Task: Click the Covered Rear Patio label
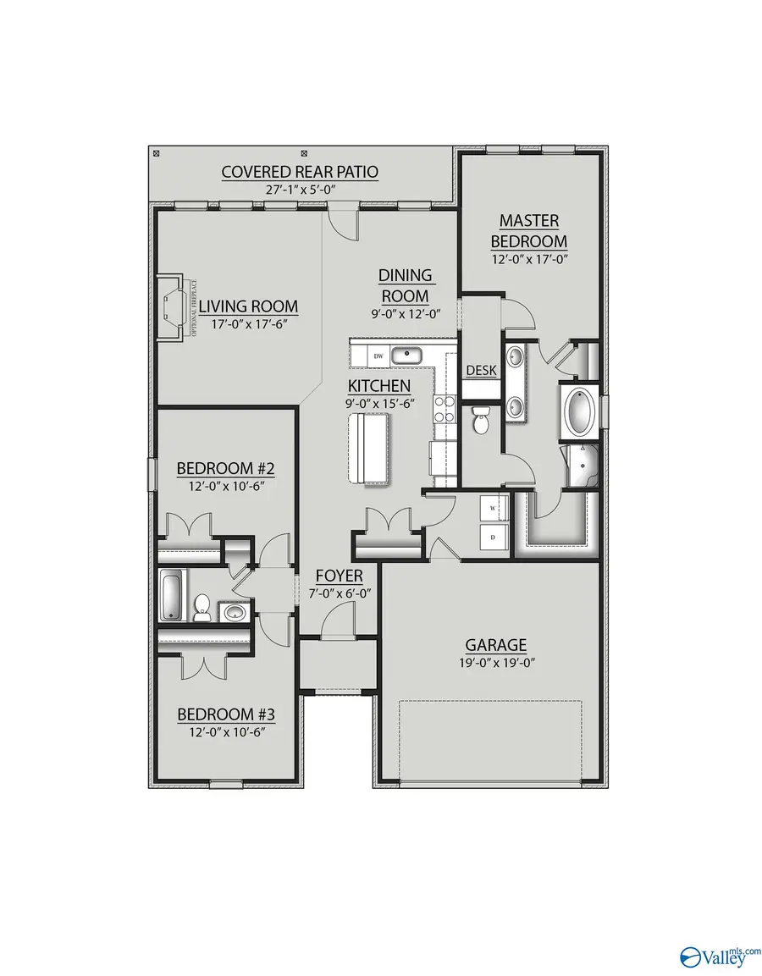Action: [x=300, y=172]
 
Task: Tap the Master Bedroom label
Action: [x=528, y=230]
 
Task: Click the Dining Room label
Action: [x=405, y=285]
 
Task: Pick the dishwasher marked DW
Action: [x=378, y=356]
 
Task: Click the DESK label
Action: [x=481, y=371]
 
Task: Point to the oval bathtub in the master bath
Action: [x=581, y=412]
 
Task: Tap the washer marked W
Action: [x=493, y=508]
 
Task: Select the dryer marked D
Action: [x=493, y=536]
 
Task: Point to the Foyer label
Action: [x=340, y=576]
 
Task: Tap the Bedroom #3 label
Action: [x=226, y=714]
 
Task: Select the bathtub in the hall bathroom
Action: [x=170, y=595]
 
